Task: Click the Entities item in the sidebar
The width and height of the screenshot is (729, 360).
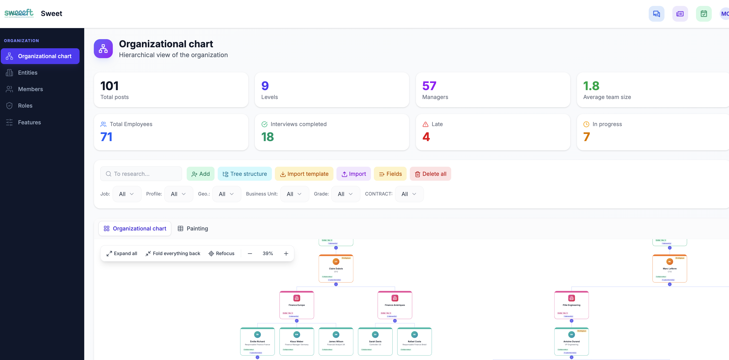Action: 27,73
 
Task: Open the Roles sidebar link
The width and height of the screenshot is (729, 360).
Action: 25,106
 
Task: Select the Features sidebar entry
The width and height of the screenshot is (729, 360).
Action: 29,122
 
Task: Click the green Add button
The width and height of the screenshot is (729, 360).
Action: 200,174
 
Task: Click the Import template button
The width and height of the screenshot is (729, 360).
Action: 304,174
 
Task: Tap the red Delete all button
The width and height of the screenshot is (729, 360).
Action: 430,174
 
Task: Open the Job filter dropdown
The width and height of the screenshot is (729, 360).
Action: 127,194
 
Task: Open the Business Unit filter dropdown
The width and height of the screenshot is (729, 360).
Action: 294,194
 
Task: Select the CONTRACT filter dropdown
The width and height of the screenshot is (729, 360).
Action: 409,194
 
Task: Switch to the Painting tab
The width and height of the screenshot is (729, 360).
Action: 193,229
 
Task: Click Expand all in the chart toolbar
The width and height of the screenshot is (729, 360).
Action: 122,253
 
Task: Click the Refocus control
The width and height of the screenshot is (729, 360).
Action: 221,253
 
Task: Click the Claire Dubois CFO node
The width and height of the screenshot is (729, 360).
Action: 336,269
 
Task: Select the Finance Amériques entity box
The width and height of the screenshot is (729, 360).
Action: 395,305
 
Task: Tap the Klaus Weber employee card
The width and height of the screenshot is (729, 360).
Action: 296,341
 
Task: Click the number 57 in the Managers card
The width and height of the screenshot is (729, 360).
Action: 429,86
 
